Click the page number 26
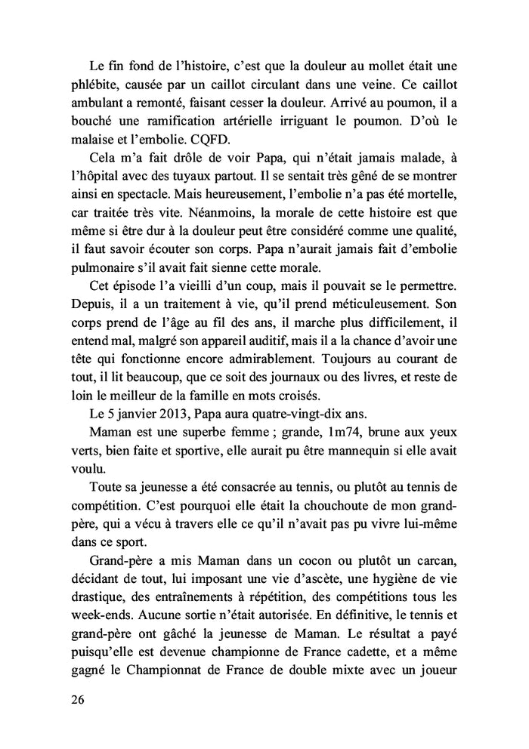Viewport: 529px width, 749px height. tap(76, 699)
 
